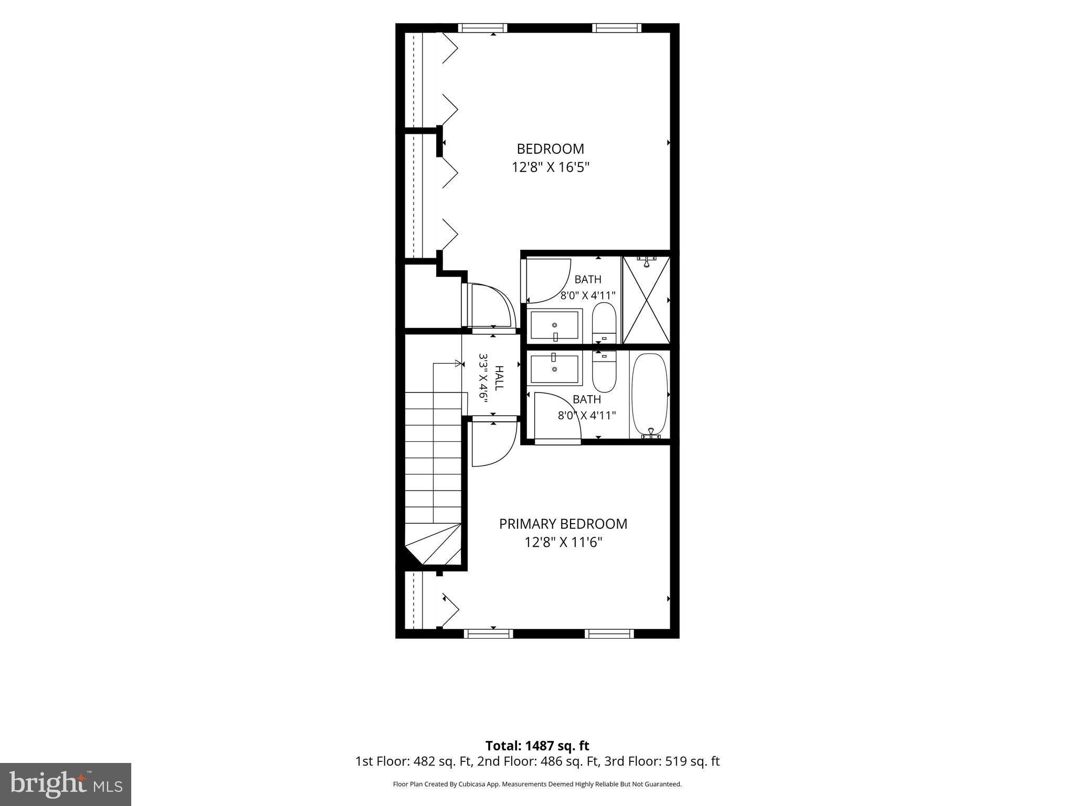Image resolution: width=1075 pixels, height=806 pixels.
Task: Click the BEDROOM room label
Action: click(550, 149)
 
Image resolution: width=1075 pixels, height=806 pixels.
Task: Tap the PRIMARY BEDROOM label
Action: click(563, 524)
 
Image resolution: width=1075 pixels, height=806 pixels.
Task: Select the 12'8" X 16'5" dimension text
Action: click(550, 167)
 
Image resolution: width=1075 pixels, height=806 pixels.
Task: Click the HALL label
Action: click(499, 378)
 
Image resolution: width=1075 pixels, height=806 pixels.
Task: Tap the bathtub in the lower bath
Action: click(650, 395)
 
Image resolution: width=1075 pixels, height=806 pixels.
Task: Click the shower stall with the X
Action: click(646, 300)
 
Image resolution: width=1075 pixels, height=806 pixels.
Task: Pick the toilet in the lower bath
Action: click(604, 372)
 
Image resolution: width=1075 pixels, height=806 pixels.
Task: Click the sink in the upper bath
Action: click(555, 325)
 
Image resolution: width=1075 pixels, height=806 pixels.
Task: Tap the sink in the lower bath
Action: click(555, 368)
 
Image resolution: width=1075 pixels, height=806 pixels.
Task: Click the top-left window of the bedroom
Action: click(483, 28)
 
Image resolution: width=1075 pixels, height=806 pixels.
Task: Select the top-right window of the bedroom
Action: click(617, 28)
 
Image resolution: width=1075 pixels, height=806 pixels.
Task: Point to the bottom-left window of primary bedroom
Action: click(489, 634)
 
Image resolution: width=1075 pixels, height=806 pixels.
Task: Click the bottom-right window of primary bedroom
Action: click(609, 634)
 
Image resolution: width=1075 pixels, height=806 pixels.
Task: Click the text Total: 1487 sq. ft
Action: click(537, 746)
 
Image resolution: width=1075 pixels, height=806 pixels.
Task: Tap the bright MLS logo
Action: click(66, 784)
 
